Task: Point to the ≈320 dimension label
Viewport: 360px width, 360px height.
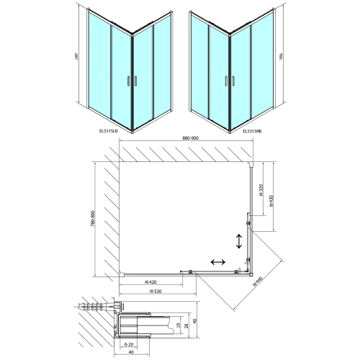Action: tap(259, 189)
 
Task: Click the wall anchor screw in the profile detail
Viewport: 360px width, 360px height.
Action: tap(92, 307)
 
